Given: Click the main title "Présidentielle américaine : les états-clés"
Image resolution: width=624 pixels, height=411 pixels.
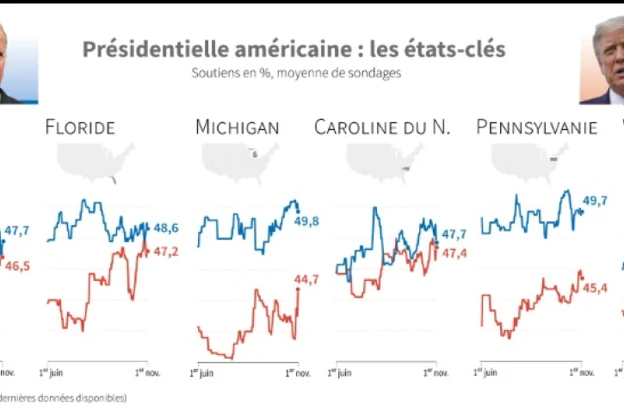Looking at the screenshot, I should tap(293, 49).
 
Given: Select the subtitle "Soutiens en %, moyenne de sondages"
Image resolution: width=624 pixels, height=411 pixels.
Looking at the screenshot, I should tap(296, 73).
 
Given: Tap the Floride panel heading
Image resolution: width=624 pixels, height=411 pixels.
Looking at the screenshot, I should tap(79, 128).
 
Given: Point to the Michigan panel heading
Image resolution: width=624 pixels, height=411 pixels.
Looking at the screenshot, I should tap(238, 128).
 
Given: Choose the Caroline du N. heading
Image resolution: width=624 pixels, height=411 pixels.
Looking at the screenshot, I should tap(382, 128).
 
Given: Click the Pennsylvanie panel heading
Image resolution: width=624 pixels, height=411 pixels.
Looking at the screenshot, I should tap(536, 128).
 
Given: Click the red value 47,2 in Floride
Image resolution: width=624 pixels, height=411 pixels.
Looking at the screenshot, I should tap(164, 251).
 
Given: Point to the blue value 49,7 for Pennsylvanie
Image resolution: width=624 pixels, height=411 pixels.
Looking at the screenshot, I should tap(595, 201).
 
